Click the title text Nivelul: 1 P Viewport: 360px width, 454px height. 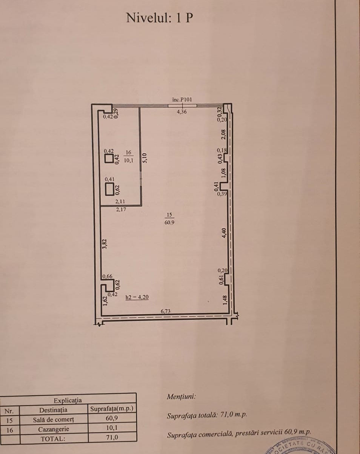160,18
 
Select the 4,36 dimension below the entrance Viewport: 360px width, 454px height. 182,112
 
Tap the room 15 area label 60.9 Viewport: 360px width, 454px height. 169,222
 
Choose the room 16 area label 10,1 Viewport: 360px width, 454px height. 128,160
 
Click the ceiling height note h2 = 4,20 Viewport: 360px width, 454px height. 137,297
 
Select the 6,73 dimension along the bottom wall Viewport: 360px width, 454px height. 165,311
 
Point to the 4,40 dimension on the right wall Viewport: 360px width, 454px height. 224,233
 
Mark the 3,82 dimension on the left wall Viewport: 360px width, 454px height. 104,244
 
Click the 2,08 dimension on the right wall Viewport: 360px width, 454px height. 223,134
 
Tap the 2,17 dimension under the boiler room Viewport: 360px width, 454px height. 121,210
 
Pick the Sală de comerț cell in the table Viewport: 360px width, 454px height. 54,420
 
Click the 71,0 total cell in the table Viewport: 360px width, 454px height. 112,437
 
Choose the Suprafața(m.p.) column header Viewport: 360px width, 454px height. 112,409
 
